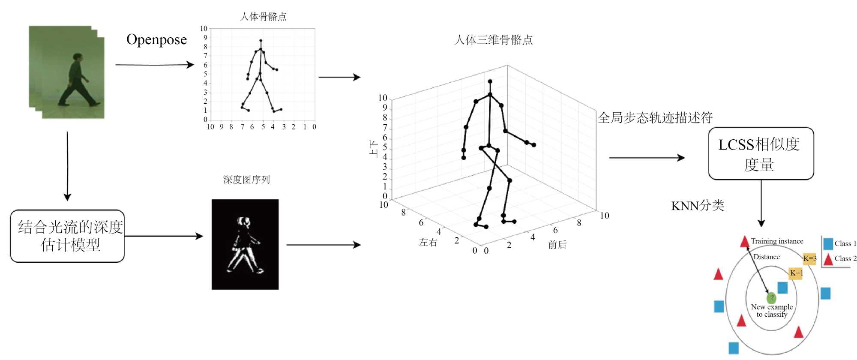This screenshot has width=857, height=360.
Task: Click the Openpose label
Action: (156, 39)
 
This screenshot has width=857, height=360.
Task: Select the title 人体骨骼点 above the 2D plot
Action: (263, 17)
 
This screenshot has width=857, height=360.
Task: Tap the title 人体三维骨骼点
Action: (493, 40)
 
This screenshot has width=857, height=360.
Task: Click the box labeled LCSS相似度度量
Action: (761, 153)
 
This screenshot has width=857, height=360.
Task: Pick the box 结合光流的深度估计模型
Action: (68, 236)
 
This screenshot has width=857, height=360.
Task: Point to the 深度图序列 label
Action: (246, 180)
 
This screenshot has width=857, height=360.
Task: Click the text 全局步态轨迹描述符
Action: (655, 117)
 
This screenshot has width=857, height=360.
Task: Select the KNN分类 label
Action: (697, 206)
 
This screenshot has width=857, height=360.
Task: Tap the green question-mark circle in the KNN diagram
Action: (771, 298)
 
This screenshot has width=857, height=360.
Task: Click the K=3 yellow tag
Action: (809, 258)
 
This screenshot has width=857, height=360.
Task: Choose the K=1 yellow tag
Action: (796, 273)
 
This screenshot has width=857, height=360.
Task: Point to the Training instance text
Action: (777, 241)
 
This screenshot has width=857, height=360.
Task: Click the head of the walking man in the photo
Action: (78, 57)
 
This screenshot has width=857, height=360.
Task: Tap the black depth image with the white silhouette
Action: (245, 244)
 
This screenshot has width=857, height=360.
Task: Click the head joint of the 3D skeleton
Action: (490, 81)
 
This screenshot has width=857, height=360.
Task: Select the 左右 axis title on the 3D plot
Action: (428, 243)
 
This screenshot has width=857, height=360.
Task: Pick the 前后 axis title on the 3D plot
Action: (557, 245)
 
